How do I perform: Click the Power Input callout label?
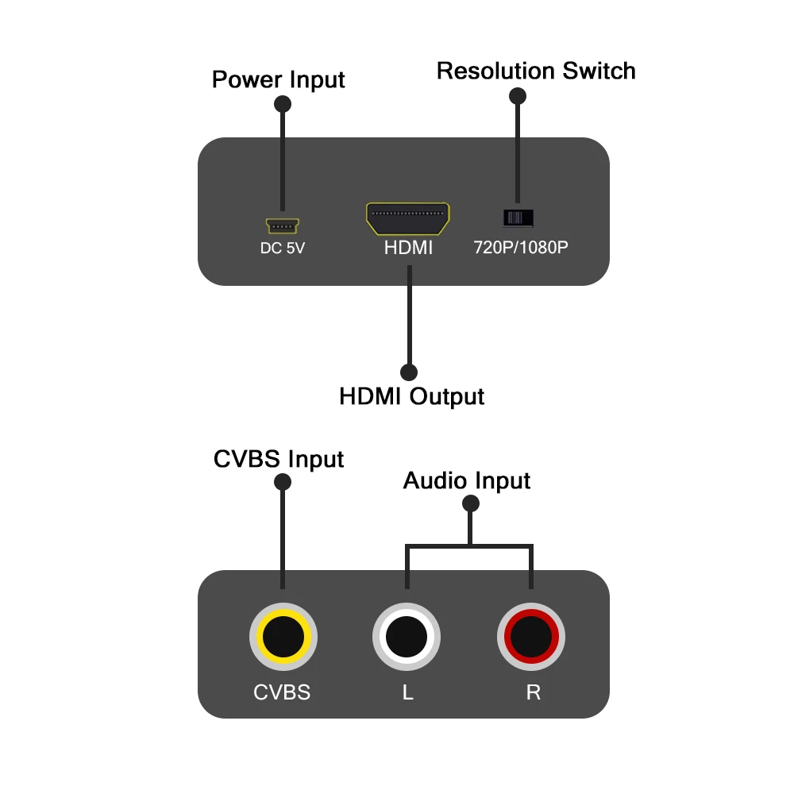pos(278,80)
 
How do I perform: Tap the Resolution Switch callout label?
pos(536,71)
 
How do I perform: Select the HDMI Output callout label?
pos(411,395)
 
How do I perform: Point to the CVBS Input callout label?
pos(279,459)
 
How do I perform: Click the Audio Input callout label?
pos(467,480)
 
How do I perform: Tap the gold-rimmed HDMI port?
pos(408,218)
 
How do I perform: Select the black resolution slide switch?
pos(518,218)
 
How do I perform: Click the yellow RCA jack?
pos(283,636)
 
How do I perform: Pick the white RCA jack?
pos(407,636)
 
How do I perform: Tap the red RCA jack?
pos(531,636)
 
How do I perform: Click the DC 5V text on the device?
pos(283,248)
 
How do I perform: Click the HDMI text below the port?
pos(408,248)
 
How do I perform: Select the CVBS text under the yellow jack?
pos(282,692)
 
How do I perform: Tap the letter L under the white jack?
pos(407,692)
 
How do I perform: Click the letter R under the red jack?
pos(533,692)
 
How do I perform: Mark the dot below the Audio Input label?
pos(471,503)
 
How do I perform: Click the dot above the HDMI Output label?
pos(410,372)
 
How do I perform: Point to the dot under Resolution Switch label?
pos(518,96)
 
